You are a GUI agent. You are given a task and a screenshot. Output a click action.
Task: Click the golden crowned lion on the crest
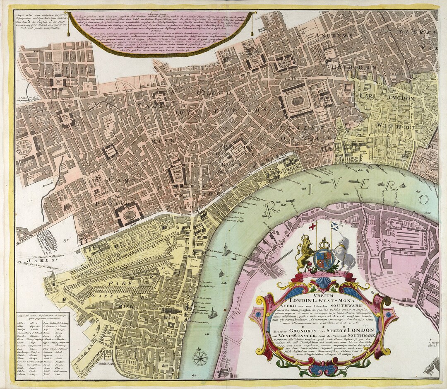tap(305, 251)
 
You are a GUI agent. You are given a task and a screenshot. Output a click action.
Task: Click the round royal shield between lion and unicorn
tap(324, 260)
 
